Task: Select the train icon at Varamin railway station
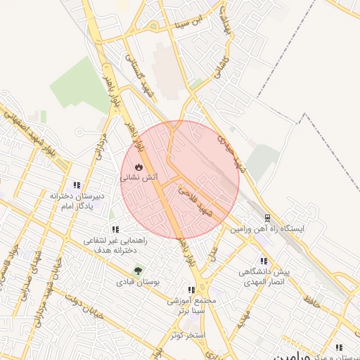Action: pyautogui.click(x=266, y=217)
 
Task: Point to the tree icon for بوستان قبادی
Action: pyautogui.click(x=138, y=270)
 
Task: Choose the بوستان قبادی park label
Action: pyautogui.click(x=139, y=282)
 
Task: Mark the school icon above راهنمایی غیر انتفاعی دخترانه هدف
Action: pyautogui.click(x=115, y=229)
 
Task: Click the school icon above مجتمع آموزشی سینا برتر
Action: pyautogui.click(x=191, y=289)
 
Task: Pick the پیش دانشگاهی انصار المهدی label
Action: pyautogui.click(x=264, y=276)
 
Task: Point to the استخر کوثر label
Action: pyautogui.click(x=186, y=335)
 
